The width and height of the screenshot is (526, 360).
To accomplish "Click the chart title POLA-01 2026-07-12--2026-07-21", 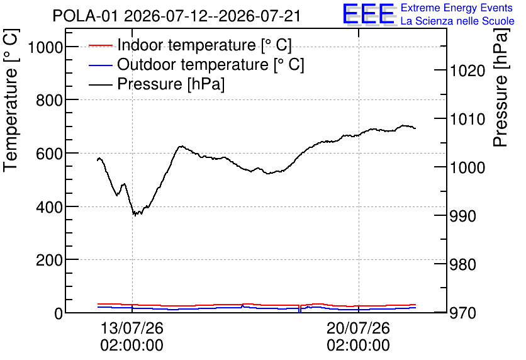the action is (x=176, y=16).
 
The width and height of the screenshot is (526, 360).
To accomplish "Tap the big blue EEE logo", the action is (x=369, y=14).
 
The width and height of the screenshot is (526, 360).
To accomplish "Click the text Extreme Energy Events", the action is (x=457, y=8).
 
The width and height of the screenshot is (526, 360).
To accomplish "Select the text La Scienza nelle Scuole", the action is (x=457, y=21).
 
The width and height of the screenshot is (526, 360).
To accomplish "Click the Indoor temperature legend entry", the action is (x=190, y=45).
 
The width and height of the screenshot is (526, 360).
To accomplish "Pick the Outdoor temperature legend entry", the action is (x=196, y=64).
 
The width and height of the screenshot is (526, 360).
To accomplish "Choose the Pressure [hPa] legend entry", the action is (x=157, y=84).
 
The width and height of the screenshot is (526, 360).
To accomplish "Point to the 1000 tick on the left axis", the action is (x=45, y=47).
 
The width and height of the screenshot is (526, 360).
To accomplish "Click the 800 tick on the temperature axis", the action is (x=49, y=100).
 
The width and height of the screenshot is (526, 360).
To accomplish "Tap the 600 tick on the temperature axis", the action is (x=49, y=154).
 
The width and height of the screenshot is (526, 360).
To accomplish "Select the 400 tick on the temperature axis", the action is (x=49, y=206).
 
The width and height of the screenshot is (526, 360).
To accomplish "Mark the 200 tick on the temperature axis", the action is (x=49, y=260).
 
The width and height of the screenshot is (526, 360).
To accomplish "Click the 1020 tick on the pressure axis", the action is (x=467, y=70).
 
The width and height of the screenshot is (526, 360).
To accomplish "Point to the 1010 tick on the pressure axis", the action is (x=467, y=119).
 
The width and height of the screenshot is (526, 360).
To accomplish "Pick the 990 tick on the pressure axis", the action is (x=463, y=216).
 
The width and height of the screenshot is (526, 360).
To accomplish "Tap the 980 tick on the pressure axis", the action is (x=463, y=264).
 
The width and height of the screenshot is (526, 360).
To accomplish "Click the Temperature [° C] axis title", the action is (x=11, y=101).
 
